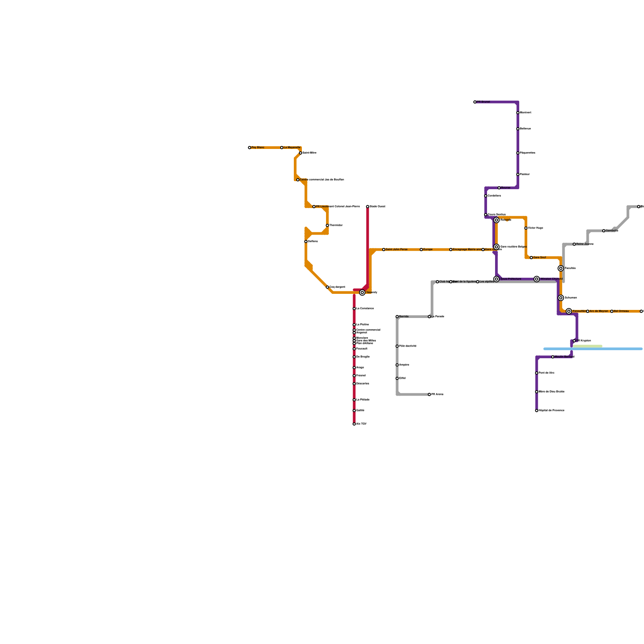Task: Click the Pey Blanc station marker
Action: pos(250,148)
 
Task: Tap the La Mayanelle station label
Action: pos(292,148)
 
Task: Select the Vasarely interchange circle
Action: pos(362,293)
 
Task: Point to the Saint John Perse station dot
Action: pos(384,250)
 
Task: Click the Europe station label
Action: pos(428,250)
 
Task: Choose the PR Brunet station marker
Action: pos(475,102)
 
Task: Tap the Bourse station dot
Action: pos(499,188)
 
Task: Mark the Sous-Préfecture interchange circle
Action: pos(496,279)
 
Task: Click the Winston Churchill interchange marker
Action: pos(537,279)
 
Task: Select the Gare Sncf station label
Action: pos(540,258)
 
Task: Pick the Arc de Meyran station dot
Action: pos(588,312)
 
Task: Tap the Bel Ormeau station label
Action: pos(621,311)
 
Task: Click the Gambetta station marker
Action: pos(604,231)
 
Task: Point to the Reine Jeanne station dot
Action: pos(574,244)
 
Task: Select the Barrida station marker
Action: pos(397,317)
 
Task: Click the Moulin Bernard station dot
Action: pos(553,357)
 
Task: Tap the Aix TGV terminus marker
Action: pos(354,424)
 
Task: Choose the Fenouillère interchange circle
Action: pos(569,311)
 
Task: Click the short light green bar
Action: pos(588,346)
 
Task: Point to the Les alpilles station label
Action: pos(487,282)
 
